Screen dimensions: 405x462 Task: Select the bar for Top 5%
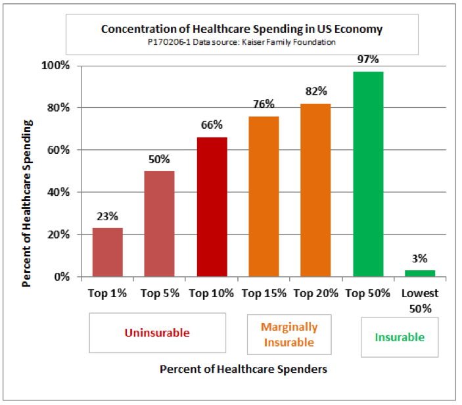pos(160,224)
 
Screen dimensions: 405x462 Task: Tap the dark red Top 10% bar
pos(212,206)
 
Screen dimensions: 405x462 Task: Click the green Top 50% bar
pos(368,174)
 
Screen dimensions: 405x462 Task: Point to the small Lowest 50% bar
pos(420,273)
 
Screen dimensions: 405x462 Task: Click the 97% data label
pos(368,60)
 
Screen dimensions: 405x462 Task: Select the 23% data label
pos(107,216)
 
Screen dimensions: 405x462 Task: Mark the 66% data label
pos(212,125)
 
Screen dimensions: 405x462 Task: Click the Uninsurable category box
pos(158,333)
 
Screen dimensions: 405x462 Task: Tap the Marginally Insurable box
pos(289,334)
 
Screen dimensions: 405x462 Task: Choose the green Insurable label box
pos(400,337)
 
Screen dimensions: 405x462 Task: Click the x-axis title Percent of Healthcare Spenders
pos(243,369)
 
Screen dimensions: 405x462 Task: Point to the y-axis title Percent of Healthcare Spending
pos(28,171)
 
